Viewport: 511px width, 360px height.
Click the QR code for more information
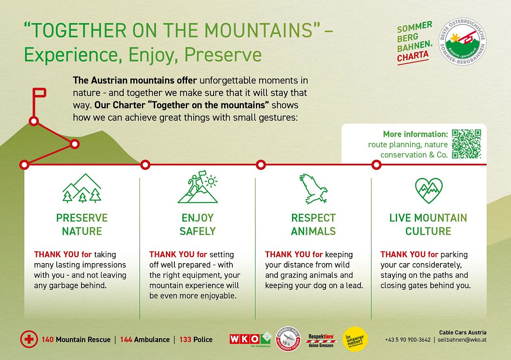click(x=466, y=144)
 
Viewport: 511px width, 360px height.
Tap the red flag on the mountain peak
click(x=39, y=93)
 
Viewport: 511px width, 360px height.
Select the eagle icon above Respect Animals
click(x=313, y=189)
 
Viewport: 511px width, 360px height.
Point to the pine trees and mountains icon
click(x=82, y=189)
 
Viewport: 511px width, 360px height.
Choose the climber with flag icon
click(x=198, y=189)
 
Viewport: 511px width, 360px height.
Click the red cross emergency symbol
click(x=29, y=339)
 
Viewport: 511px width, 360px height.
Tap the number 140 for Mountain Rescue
click(x=47, y=339)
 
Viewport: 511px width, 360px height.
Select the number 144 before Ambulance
click(x=126, y=339)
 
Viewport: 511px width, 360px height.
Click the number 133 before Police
click(x=185, y=339)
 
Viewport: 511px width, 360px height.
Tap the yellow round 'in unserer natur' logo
click(x=355, y=339)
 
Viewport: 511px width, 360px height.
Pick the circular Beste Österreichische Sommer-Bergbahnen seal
click(x=463, y=42)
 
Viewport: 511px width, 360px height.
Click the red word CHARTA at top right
click(x=412, y=57)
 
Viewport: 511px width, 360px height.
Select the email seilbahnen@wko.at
click(x=462, y=340)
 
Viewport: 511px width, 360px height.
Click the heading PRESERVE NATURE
click(x=82, y=224)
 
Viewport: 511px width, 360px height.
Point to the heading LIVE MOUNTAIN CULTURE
click(x=428, y=224)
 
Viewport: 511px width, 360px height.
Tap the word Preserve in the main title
click(x=222, y=55)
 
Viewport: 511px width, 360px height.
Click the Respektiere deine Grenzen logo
click(x=321, y=340)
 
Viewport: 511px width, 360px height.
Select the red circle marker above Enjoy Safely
click(x=145, y=165)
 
